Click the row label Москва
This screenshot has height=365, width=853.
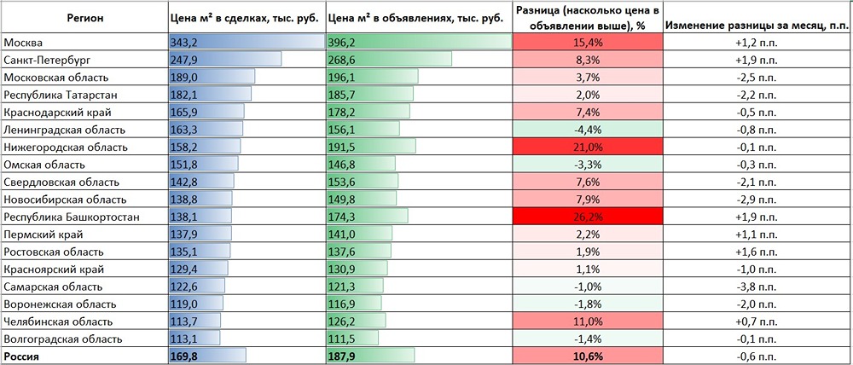(24, 42)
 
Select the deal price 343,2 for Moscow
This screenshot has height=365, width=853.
(183, 42)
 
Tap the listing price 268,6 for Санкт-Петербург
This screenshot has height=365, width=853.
(341, 60)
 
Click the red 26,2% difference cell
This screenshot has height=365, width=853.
(587, 217)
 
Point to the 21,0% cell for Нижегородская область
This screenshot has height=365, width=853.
(587, 148)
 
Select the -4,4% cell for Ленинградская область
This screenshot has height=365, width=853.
(587, 130)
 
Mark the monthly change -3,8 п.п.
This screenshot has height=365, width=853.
(756, 287)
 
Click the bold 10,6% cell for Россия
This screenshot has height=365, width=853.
(587, 356)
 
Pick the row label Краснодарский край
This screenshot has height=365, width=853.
(56, 112)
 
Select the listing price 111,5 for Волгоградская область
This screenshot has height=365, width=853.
(341, 339)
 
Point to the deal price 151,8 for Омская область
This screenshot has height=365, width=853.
(183, 165)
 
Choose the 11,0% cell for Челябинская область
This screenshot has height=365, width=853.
(587, 322)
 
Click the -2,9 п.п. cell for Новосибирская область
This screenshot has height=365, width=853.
(756, 200)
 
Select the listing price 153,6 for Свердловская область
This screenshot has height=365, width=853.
(341, 182)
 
